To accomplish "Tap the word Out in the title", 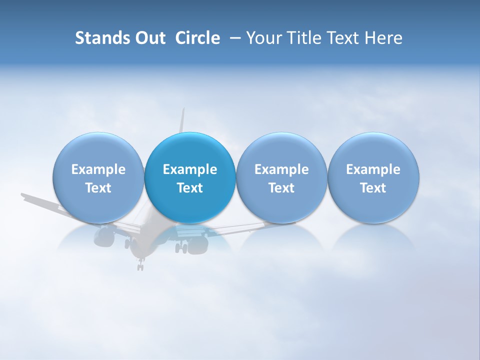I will pyautogui.click(x=148, y=38).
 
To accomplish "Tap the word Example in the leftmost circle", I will pyautogui.click(x=98, y=169).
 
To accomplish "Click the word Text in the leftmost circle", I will pyautogui.click(x=98, y=188).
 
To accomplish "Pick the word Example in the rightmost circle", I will pyautogui.click(x=373, y=169).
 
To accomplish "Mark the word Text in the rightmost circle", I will pyautogui.click(x=373, y=188).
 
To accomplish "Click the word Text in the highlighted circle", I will pyautogui.click(x=190, y=188).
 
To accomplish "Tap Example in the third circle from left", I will pyautogui.click(x=281, y=169).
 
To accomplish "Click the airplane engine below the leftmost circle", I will pyautogui.click(x=105, y=232).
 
